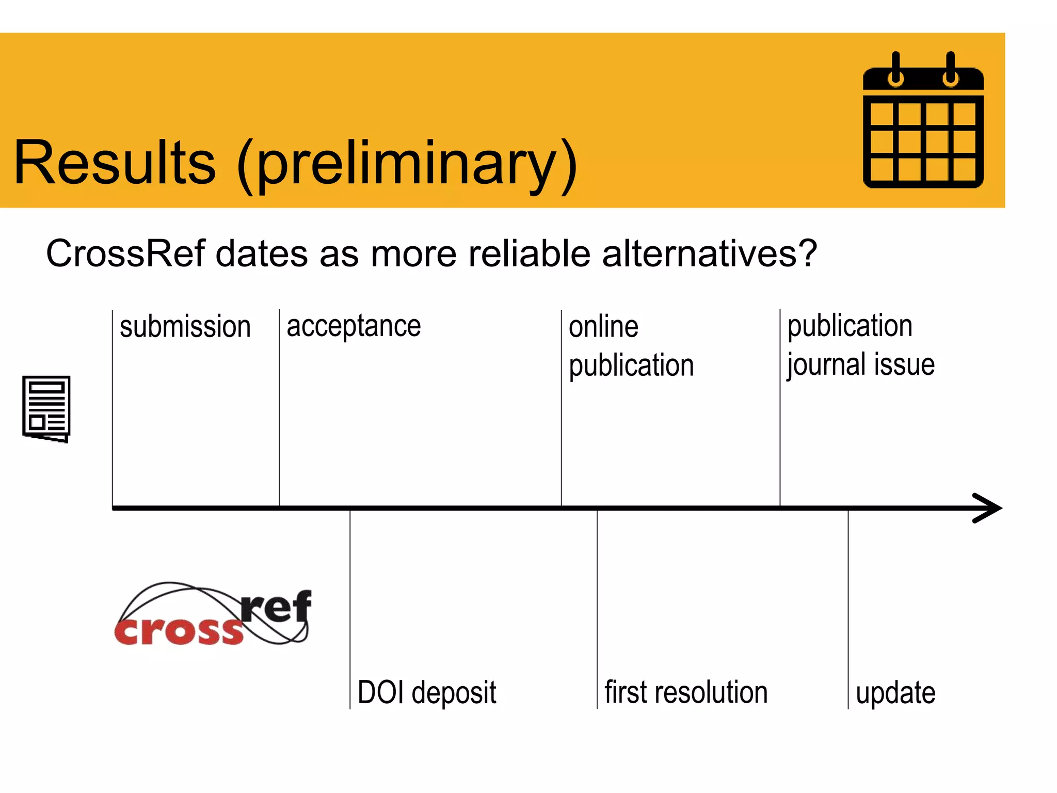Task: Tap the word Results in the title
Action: coord(115,163)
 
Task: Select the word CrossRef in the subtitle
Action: coord(125,253)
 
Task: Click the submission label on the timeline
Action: coord(185,327)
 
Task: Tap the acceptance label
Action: coord(354,327)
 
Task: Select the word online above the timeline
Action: coord(603,327)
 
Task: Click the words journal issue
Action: coord(860,366)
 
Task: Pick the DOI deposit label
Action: coord(427,692)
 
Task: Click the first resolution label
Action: coord(686,692)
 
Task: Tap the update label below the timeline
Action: coord(895,693)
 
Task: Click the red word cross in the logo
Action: coord(179,631)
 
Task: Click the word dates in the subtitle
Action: coord(261,253)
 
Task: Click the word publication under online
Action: coord(631,367)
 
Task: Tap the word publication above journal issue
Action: coord(850,326)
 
